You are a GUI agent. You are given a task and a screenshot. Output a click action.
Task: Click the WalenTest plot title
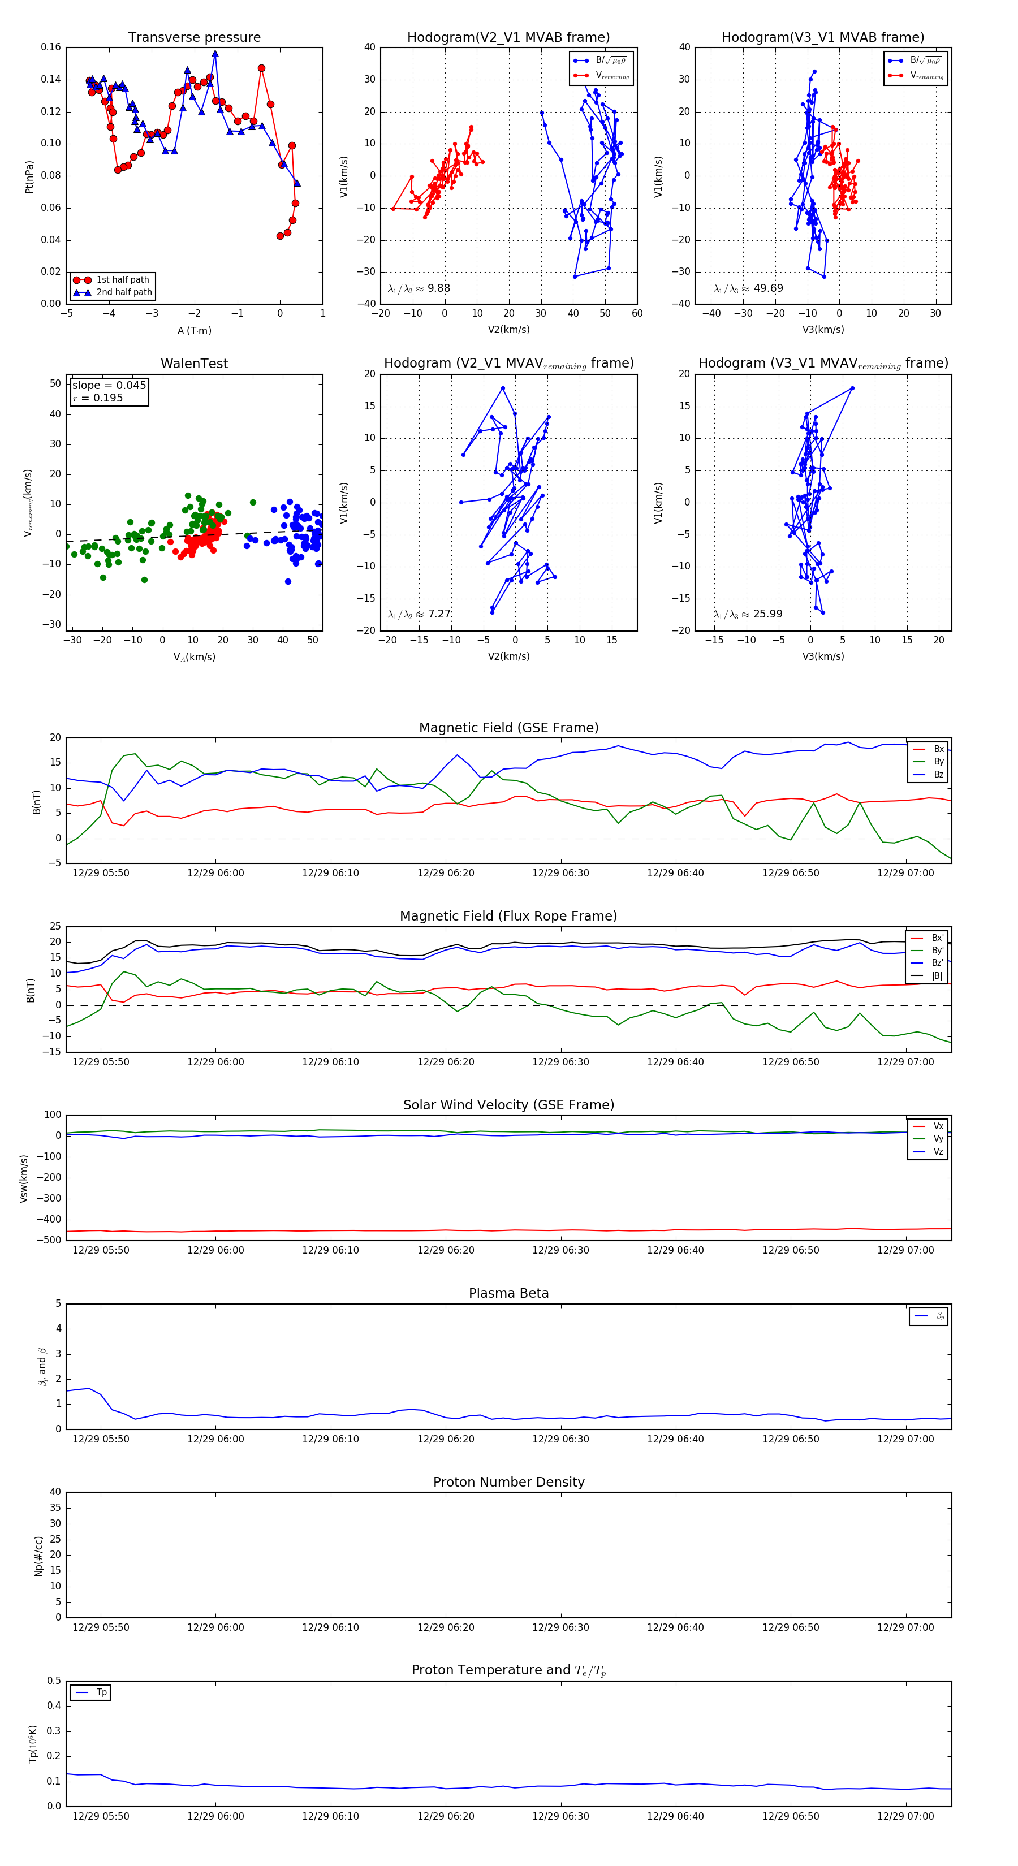point(194,364)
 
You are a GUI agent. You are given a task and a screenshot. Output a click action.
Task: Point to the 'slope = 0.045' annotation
point(109,386)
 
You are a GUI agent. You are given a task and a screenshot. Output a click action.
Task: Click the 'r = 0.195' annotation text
point(98,398)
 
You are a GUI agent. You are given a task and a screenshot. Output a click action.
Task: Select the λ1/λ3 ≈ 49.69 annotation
point(748,288)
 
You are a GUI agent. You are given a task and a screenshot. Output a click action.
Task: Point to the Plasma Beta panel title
point(508,1294)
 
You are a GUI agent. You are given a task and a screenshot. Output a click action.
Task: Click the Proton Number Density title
point(508,1482)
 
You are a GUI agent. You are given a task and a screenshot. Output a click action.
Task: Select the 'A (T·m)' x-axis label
point(194,331)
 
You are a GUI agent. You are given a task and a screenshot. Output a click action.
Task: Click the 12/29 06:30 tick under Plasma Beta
point(560,1439)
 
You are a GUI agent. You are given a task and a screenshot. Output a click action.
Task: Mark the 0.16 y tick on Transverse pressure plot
point(51,47)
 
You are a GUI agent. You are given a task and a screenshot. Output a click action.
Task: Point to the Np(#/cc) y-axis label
point(38,1556)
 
